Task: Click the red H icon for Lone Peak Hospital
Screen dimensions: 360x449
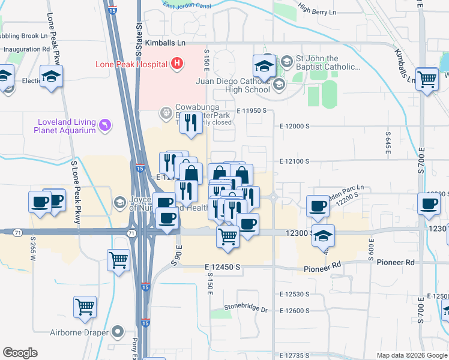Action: [176, 62]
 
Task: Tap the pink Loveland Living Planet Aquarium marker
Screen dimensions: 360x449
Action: [106, 124]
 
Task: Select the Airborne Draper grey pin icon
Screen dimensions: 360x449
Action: [117, 331]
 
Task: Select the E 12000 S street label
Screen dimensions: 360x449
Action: [294, 127]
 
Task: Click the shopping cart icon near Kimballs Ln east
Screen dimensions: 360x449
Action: [427, 78]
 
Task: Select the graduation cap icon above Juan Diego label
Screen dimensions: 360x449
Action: [264, 66]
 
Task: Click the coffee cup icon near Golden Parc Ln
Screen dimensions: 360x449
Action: [318, 206]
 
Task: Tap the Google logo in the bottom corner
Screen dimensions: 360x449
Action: [20, 353]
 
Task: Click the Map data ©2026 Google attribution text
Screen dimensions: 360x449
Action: [411, 355]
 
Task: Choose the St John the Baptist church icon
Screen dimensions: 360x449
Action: [286, 61]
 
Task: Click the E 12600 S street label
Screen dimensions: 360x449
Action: [294, 310]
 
